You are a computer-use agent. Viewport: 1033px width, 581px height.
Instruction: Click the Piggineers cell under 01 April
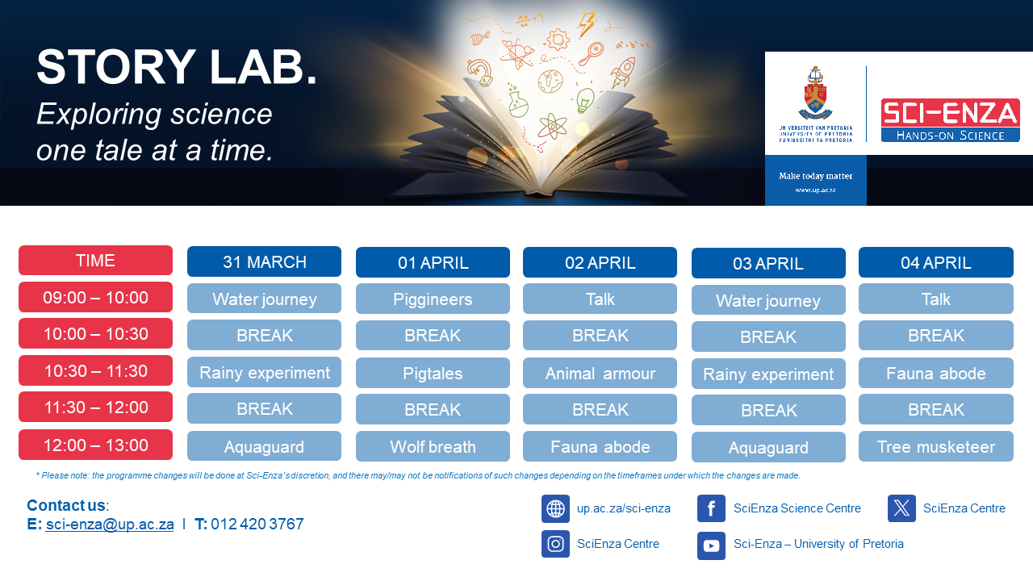click(433, 299)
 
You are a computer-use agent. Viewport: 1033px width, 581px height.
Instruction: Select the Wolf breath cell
click(433, 446)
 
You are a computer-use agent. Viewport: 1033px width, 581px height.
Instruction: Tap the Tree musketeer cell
click(935, 446)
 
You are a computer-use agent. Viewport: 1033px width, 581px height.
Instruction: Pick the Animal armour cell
click(600, 373)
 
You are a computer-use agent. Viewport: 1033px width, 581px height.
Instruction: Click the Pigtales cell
click(433, 373)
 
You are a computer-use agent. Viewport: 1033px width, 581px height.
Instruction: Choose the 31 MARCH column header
click(264, 262)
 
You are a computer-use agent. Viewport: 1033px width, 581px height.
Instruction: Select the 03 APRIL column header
click(768, 263)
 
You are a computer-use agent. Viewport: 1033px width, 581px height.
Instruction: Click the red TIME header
click(95, 261)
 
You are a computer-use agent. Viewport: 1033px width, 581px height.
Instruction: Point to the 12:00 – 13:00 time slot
click(95, 445)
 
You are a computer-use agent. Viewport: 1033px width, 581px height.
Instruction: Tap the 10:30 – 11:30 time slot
click(95, 370)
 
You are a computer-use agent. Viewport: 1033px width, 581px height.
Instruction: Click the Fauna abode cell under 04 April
click(935, 373)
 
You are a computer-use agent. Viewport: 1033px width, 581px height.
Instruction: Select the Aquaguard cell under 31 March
click(264, 446)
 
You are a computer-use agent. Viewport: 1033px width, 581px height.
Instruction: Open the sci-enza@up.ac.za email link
click(110, 525)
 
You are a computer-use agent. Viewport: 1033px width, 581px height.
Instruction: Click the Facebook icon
click(711, 508)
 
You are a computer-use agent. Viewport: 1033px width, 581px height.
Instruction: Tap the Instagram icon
click(555, 544)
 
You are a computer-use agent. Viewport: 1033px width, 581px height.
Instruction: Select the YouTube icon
click(711, 546)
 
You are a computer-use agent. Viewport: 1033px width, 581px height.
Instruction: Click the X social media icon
click(901, 508)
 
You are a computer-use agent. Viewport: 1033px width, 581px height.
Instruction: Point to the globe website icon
click(555, 508)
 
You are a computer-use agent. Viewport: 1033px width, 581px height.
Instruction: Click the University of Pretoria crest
click(815, 93)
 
